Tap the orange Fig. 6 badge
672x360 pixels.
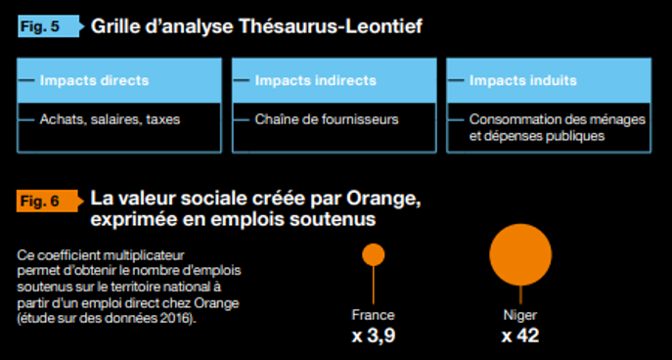[x=40, y=201]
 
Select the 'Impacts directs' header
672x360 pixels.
[x=95, y=80]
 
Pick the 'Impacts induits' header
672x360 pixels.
[x=522, y=80]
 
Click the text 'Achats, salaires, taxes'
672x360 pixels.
[x=110, y=119]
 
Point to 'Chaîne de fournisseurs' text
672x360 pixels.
[x=313, y=119]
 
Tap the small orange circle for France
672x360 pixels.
[x=373, y=254]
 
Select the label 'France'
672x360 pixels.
[x=373, y=315]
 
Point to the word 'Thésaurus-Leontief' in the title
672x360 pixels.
[x=334, y=26]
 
